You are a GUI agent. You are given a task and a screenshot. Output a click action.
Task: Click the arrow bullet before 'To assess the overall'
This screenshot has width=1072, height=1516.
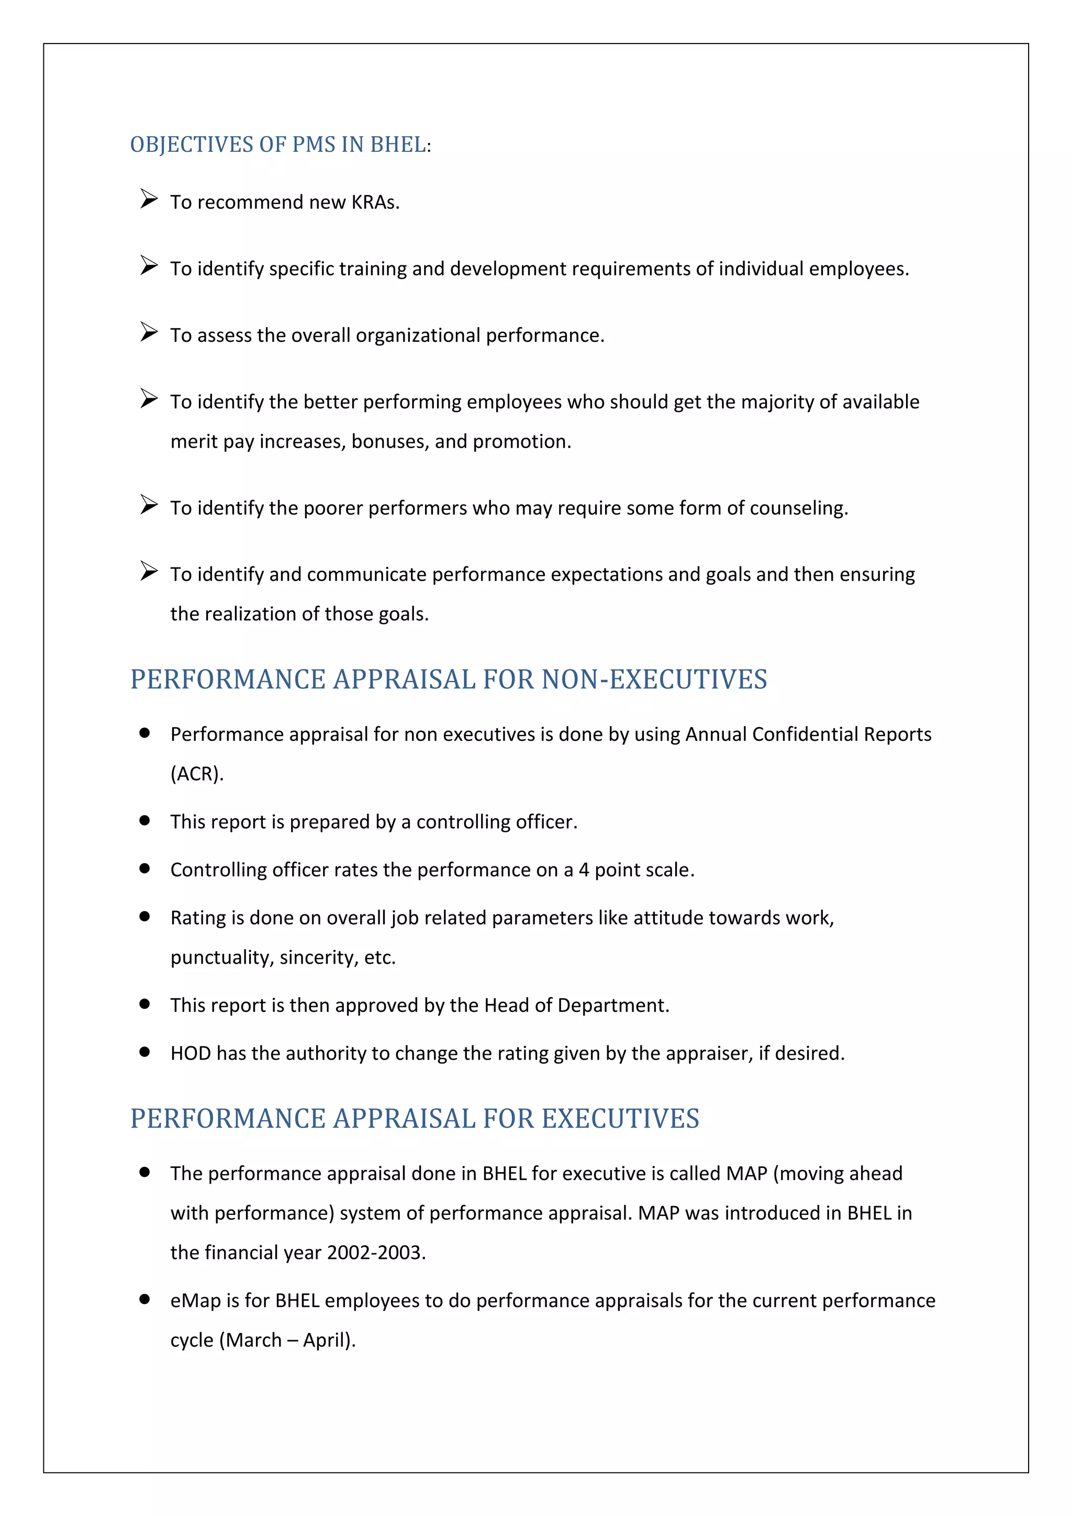pos(149,332)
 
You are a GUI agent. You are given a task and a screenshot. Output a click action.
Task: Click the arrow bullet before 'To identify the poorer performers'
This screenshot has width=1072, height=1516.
pos(149,505)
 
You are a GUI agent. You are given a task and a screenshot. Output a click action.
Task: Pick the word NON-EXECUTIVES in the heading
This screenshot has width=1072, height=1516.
pos(654,679)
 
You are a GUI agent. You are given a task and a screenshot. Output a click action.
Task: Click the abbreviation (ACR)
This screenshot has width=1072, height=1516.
pos(197,774)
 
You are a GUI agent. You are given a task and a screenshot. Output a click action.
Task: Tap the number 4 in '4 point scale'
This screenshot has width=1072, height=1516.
pos(584,870)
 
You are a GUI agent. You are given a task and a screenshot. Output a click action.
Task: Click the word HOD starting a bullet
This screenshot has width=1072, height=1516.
pos(190,1053)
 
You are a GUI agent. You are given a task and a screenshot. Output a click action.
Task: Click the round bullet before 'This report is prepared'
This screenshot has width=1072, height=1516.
pos(144,821)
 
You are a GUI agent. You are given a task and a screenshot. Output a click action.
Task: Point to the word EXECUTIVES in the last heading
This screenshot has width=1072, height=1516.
pos(620,1119)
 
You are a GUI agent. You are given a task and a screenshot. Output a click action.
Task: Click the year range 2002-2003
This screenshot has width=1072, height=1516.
pos(376,1253)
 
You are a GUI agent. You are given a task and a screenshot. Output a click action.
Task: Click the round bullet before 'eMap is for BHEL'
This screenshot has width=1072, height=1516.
pos(144,1299)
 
